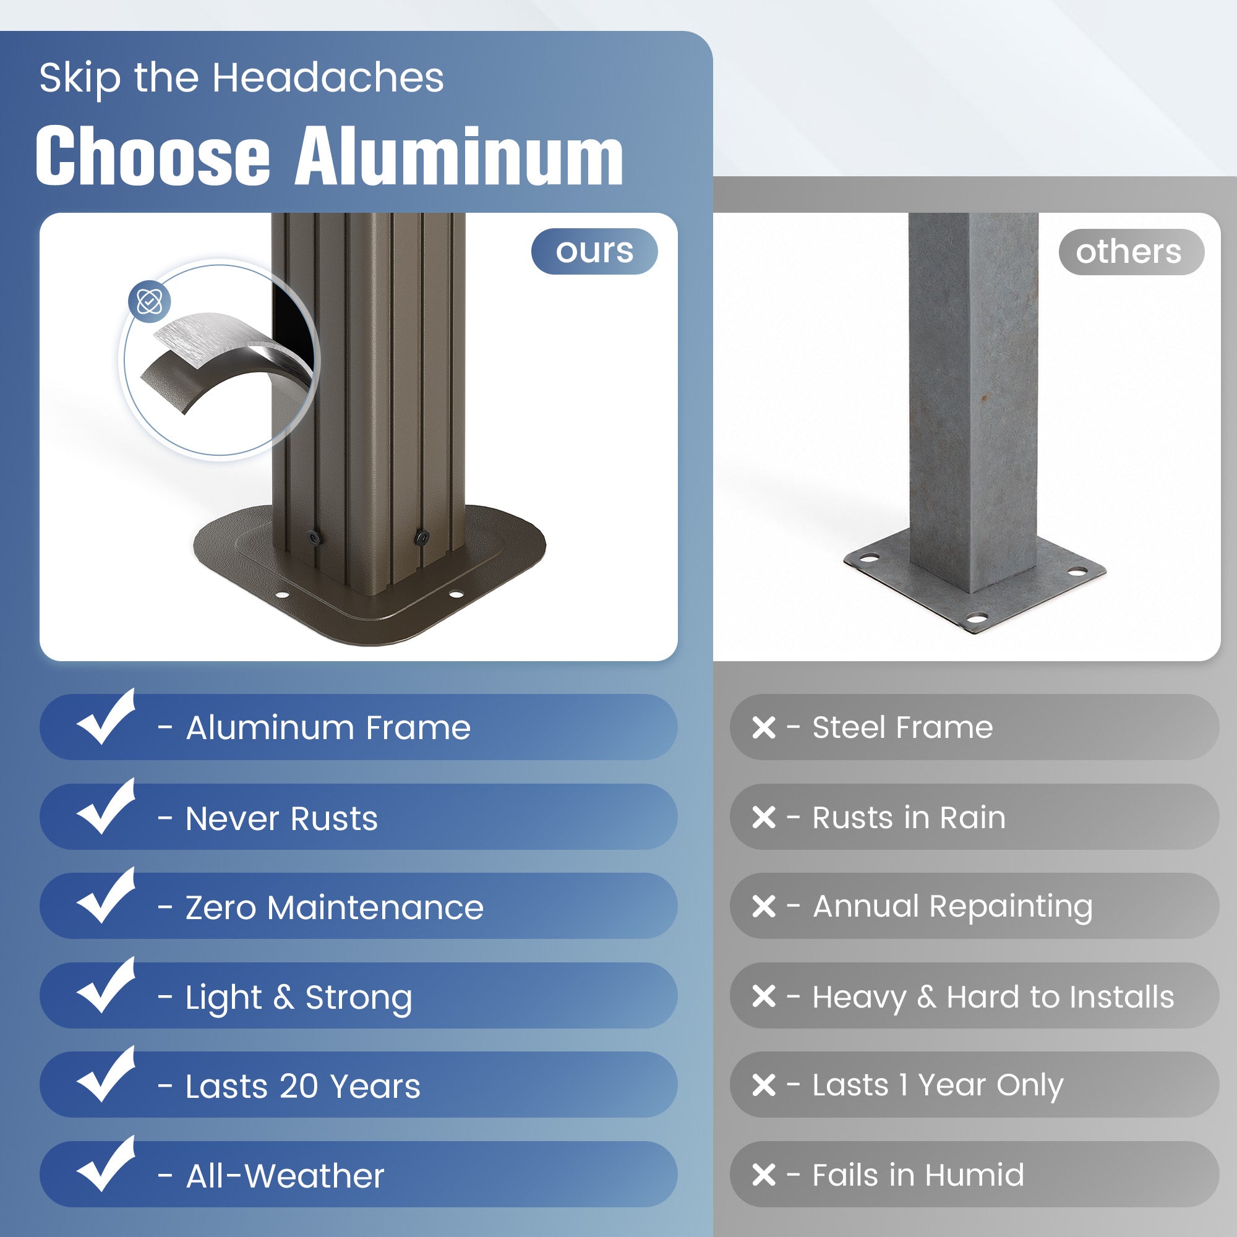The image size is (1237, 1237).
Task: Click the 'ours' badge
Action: [x=594, y=251]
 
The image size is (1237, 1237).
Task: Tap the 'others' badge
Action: [x=1131, y=252]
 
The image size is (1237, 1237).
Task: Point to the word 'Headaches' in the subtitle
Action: [x=328, y=77]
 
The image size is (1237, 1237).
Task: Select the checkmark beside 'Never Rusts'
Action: [x=106, y=807]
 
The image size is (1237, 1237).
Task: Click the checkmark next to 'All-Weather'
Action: [x=106, y=1165]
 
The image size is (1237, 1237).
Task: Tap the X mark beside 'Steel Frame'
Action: [x=764, y=727]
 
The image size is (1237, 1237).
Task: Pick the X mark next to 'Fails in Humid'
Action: [x=764, y=1175]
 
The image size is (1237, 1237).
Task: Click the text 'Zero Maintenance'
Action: [x=334, y=907]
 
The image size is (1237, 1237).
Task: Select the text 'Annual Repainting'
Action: [x=952, y=907]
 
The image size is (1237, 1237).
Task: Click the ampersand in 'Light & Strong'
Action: [x=284, y=997]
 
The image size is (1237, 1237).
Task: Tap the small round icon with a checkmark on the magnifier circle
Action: [x=149, y=301]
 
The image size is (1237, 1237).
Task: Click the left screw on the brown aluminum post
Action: [x=313, y=537]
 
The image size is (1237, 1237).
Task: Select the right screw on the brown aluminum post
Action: [x=422, y=536]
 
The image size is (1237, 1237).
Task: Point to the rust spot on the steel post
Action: [x=984, y=399]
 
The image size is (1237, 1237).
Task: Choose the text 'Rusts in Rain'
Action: [x=909, y=818]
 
